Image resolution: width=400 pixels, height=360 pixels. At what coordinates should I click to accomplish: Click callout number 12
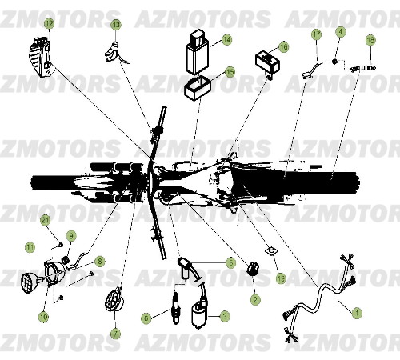pyautogui.click(x=49, y=23)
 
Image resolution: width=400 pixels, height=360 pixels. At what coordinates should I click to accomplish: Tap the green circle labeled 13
pyautogui.click(x=116, y=25)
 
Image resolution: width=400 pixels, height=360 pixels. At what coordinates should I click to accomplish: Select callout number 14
pyautogui.click(x=226, y=39)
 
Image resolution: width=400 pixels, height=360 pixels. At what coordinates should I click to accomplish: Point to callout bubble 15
pyautogui.click(x=230, y=71)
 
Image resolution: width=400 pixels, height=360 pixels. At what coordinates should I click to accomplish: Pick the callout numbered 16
pyautogui.click(x=284, y=47)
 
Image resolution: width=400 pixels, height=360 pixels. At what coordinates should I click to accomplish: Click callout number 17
pyautogui.click(x=316, y=34)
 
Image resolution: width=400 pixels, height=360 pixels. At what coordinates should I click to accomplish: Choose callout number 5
pyautogui.click(x=230, y=262)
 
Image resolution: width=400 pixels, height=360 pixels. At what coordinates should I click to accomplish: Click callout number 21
pyautogui.click(x=46, y=219)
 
